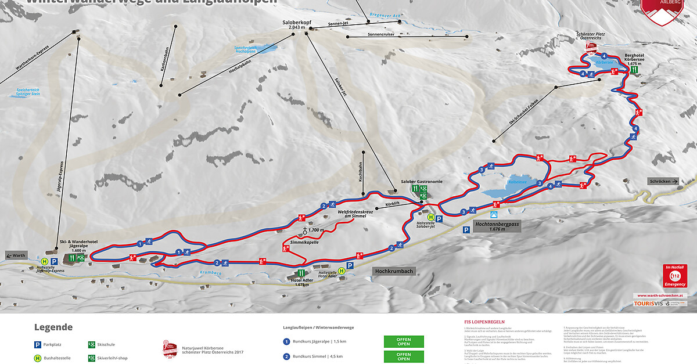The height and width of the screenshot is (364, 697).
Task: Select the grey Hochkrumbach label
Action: [394, 271]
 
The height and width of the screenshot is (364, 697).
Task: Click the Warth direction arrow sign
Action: [17, 255]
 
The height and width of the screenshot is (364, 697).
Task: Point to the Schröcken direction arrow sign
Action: [663, 181]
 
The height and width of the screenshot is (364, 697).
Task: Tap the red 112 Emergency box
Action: [675, 276]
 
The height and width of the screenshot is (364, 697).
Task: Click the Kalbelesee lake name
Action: [517, 182]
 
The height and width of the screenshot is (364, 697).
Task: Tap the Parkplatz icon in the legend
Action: [38, 344]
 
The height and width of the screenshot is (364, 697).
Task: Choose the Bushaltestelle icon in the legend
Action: [38, 358]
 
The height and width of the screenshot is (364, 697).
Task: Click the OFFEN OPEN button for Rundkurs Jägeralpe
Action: [404, 341]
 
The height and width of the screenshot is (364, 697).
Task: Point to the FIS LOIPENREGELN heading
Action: [483, 321]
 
